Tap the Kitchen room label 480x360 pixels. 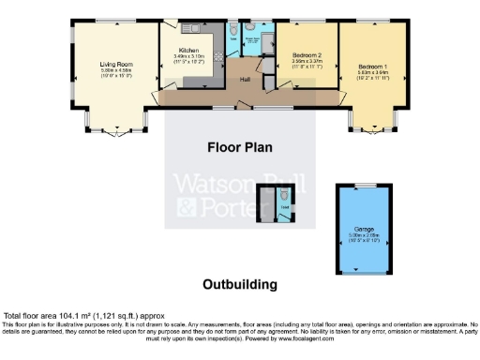point(188,50)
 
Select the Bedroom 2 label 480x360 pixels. point(307,57)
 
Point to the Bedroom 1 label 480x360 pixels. point(372,67)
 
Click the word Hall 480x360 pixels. point(244,79)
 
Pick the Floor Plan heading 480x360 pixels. point(240,147)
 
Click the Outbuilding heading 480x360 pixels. point(240,283)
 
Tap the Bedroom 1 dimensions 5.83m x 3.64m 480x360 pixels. point(372,72)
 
